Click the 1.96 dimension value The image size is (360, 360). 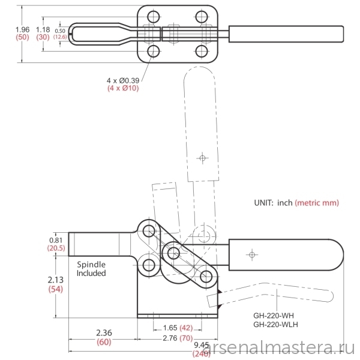click(23, 29)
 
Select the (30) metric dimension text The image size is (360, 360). click(43, 37)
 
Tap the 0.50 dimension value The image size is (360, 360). click(60, 31)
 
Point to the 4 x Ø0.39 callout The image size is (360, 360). click(123, 80)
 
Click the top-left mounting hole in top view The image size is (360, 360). click(154, 17)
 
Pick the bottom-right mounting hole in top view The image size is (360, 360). click(202, 51)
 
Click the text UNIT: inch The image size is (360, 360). click(273, 203)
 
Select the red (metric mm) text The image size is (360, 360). click(317, 203)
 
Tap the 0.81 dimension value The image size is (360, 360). click(56, 240)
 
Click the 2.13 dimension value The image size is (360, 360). click(56, 280)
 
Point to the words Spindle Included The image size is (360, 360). click(91, 269)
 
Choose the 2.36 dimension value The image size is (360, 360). click(104, 332)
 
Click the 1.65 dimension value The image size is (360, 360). click(170, 328)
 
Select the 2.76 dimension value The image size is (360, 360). click(170, 338)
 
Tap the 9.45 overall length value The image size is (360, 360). click(202, 345)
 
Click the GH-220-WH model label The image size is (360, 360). click(274, 316)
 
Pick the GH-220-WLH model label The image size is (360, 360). click(276, 325)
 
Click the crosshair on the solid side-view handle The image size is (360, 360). click(252, 254)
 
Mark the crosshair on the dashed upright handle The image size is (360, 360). click(202, 158)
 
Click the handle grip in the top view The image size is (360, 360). click(286, 34)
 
